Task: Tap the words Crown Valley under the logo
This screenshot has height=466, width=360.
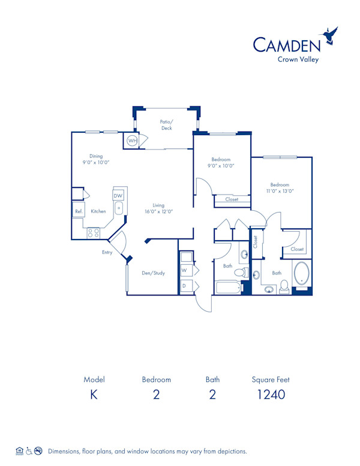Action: pos(298,59)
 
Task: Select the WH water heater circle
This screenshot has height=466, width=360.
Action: pos(132,141)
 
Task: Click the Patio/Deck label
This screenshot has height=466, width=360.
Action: pos(166,124)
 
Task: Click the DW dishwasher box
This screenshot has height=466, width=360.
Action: pos(118,196)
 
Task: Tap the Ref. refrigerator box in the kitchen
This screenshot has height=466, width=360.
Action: pos(79,211)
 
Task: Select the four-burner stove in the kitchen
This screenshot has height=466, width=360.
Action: pos(93,232)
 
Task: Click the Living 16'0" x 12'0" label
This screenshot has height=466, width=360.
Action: pos(158,208)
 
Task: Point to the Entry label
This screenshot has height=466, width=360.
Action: pos(107,252)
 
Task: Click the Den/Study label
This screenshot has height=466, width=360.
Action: pos(154,273)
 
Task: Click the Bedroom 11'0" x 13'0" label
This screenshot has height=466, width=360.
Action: pos(280,188)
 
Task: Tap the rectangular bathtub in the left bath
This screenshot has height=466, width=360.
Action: pos(228,287)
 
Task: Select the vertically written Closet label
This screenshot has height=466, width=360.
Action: pos(255,241)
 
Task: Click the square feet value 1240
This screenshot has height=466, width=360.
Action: pos(271,395)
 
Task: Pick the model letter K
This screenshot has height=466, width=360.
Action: pos(94,395)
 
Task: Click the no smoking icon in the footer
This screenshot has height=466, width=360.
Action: pos(38,450)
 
